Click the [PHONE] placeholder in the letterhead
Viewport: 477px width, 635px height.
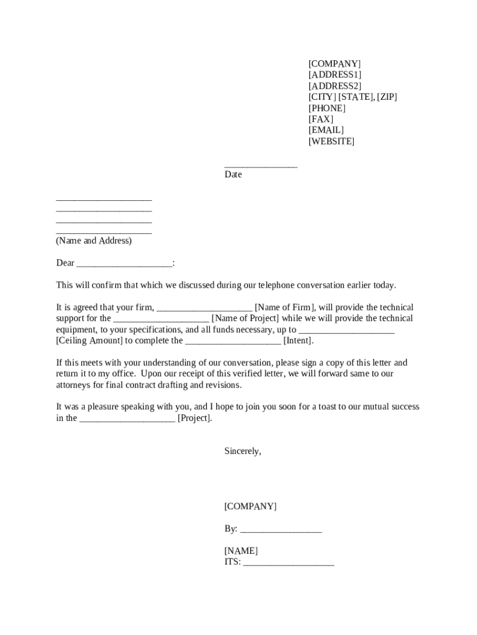[327, 108]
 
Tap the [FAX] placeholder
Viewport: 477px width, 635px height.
[321, 119]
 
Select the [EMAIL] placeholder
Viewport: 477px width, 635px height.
[326, 130]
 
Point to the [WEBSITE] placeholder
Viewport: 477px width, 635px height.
[331, 141]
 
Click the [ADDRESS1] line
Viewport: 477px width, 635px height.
[335, 74]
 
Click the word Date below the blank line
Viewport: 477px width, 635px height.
[233, 175]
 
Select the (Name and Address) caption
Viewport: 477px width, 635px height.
[94, 241]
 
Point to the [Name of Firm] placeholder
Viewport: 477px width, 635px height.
[285, 308]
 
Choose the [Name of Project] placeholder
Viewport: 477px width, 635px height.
[245, 319]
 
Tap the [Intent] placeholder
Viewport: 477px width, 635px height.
[298, 340]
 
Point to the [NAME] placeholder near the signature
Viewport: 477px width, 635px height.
[241, 551]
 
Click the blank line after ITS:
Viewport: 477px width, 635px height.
[289, 563]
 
